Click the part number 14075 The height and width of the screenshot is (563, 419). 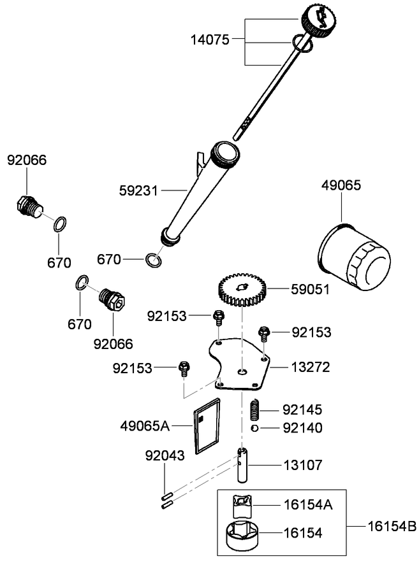click(x=210, y=39)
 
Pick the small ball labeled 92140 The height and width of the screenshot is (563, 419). click(x=254, y=427)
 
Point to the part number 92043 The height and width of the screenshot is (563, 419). click(x=164, y=455)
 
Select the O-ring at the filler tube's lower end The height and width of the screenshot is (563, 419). click(x=152, y=259)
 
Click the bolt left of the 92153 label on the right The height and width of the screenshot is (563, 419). click(x=264, y=332)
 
